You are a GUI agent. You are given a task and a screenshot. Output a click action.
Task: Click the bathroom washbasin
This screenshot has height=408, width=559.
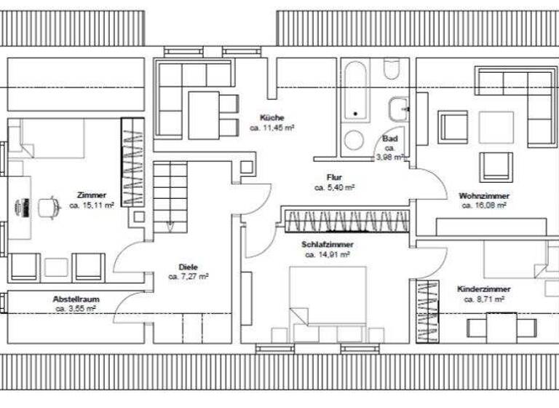tap(398, 110)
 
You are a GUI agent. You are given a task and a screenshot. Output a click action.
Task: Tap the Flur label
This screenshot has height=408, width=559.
tap(334, 177)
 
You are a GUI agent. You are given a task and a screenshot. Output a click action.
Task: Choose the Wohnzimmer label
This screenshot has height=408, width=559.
tap(483, 196)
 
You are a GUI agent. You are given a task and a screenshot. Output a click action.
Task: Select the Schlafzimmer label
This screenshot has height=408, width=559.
tap(327, 246)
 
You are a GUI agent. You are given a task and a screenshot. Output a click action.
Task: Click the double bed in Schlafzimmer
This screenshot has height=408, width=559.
tap(328, 299)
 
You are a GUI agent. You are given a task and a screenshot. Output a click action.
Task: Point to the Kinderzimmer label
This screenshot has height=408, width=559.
tap(483, 289)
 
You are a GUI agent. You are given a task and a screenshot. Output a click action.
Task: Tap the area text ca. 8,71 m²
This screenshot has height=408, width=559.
tap(483, 299)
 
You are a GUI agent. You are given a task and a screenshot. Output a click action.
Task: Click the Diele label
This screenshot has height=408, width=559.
tap(188, 267)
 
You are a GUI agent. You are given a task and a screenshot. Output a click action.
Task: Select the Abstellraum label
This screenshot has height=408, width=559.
tap(76, 299)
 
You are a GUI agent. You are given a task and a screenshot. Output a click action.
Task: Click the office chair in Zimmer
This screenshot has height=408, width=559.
tap(48, 207)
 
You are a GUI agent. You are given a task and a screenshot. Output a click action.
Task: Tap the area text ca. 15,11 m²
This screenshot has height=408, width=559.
tap(91, 205)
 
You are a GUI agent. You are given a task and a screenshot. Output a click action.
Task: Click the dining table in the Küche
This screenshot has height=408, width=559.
tap(205, 114)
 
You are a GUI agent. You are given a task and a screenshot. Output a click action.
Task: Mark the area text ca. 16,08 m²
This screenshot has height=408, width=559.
tap(483, 205)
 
